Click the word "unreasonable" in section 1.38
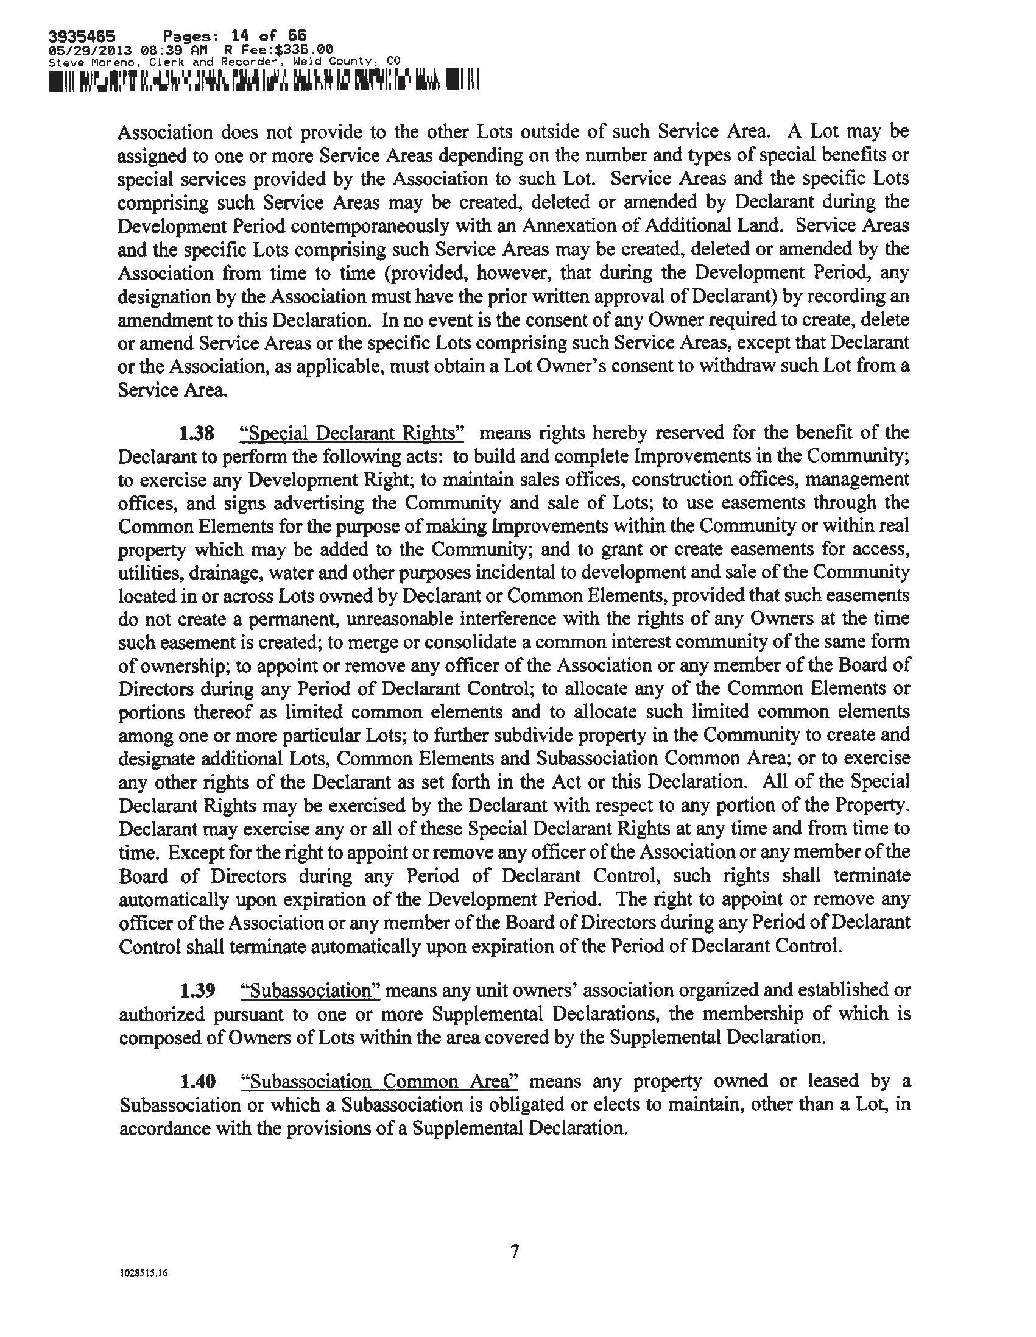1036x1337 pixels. point(408,619)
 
